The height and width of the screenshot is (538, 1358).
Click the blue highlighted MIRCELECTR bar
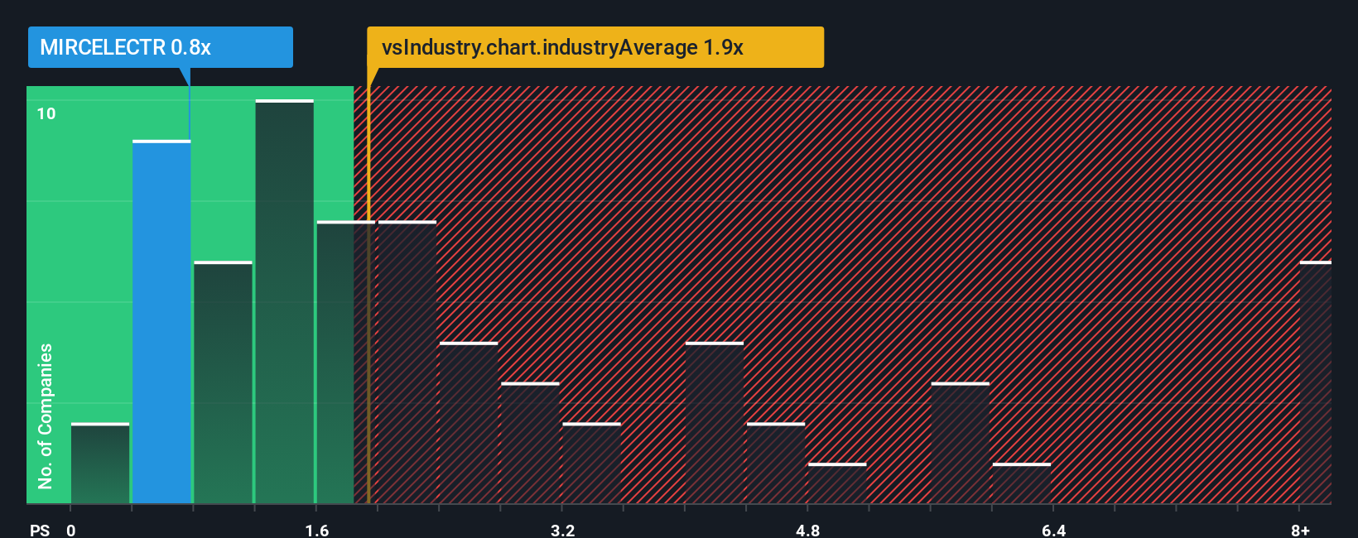point(161,323)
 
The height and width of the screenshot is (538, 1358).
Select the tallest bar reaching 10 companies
point(284,302)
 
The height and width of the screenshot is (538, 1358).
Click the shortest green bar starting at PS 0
point(100,464)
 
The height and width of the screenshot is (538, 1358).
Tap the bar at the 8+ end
point(1315,382)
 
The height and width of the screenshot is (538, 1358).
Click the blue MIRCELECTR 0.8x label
point(160,47)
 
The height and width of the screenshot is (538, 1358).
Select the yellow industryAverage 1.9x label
point(595,47)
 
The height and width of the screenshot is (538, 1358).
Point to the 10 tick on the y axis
point(46,113)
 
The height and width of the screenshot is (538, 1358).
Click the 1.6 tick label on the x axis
point(317,530)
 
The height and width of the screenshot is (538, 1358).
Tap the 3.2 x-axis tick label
point(562,530)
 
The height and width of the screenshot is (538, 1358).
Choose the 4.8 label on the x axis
point(807,530)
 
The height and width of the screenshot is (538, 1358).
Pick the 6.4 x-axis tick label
point(1053,530)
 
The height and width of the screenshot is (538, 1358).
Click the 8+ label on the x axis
point(1300,530)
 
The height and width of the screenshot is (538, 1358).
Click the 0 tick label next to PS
point(71,530)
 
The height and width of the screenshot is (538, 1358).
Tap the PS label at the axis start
point(40,530)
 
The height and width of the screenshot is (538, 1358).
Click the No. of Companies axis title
point(46,416)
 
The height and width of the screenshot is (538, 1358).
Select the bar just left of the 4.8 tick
point(776,464)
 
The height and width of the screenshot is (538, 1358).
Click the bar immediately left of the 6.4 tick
point(1022,483)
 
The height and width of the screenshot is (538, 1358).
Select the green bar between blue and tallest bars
point(223,382)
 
